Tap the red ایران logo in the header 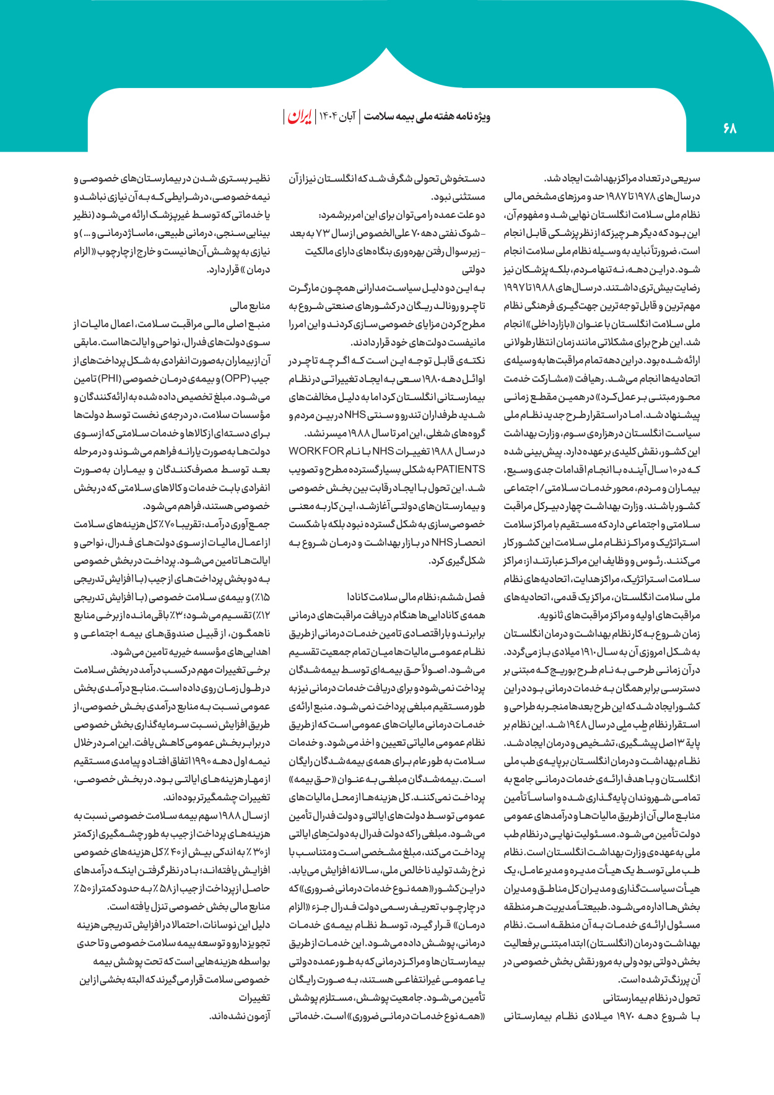(x=300, y=116)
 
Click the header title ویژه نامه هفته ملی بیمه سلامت (x=427, y=116)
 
